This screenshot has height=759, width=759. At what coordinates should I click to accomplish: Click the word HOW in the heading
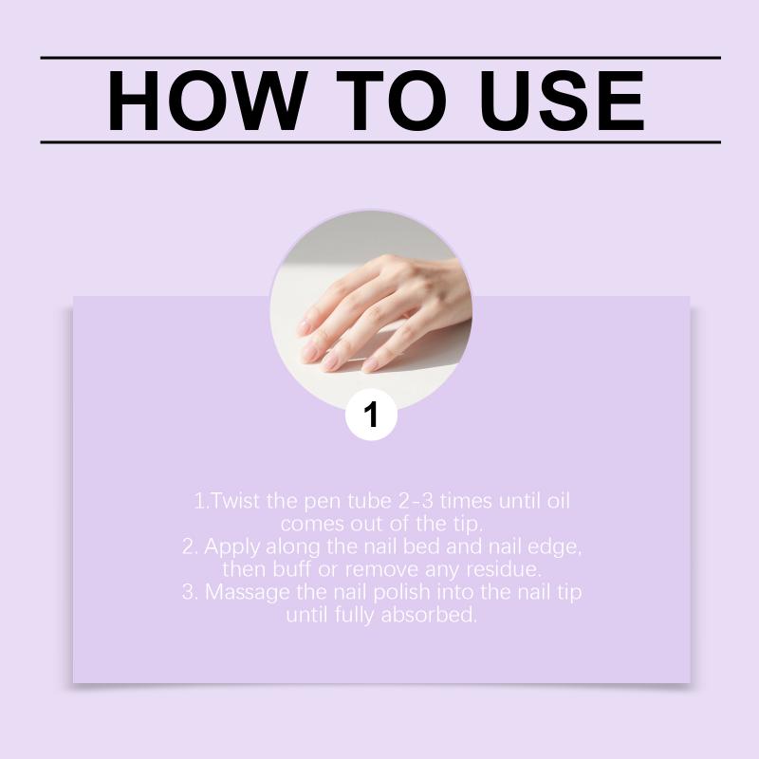tap(208, 101)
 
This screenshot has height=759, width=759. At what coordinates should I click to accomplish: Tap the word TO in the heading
tap(392, 101)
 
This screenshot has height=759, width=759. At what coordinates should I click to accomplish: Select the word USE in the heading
tap(563, 101)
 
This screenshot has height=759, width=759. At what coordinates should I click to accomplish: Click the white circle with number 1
tap(371, 415)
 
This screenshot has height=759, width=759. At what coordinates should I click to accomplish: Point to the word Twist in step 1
tap(234, 501)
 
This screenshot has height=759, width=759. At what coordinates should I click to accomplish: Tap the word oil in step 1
tap(558, 501)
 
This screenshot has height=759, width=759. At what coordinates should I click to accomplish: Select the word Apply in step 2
tap(231, 547)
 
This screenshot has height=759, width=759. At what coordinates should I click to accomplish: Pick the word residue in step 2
tap(504, 569)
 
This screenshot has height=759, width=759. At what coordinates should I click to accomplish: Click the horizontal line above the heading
tap(380, 58)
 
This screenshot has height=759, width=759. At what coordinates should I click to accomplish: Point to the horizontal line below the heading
tap(380, 142)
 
